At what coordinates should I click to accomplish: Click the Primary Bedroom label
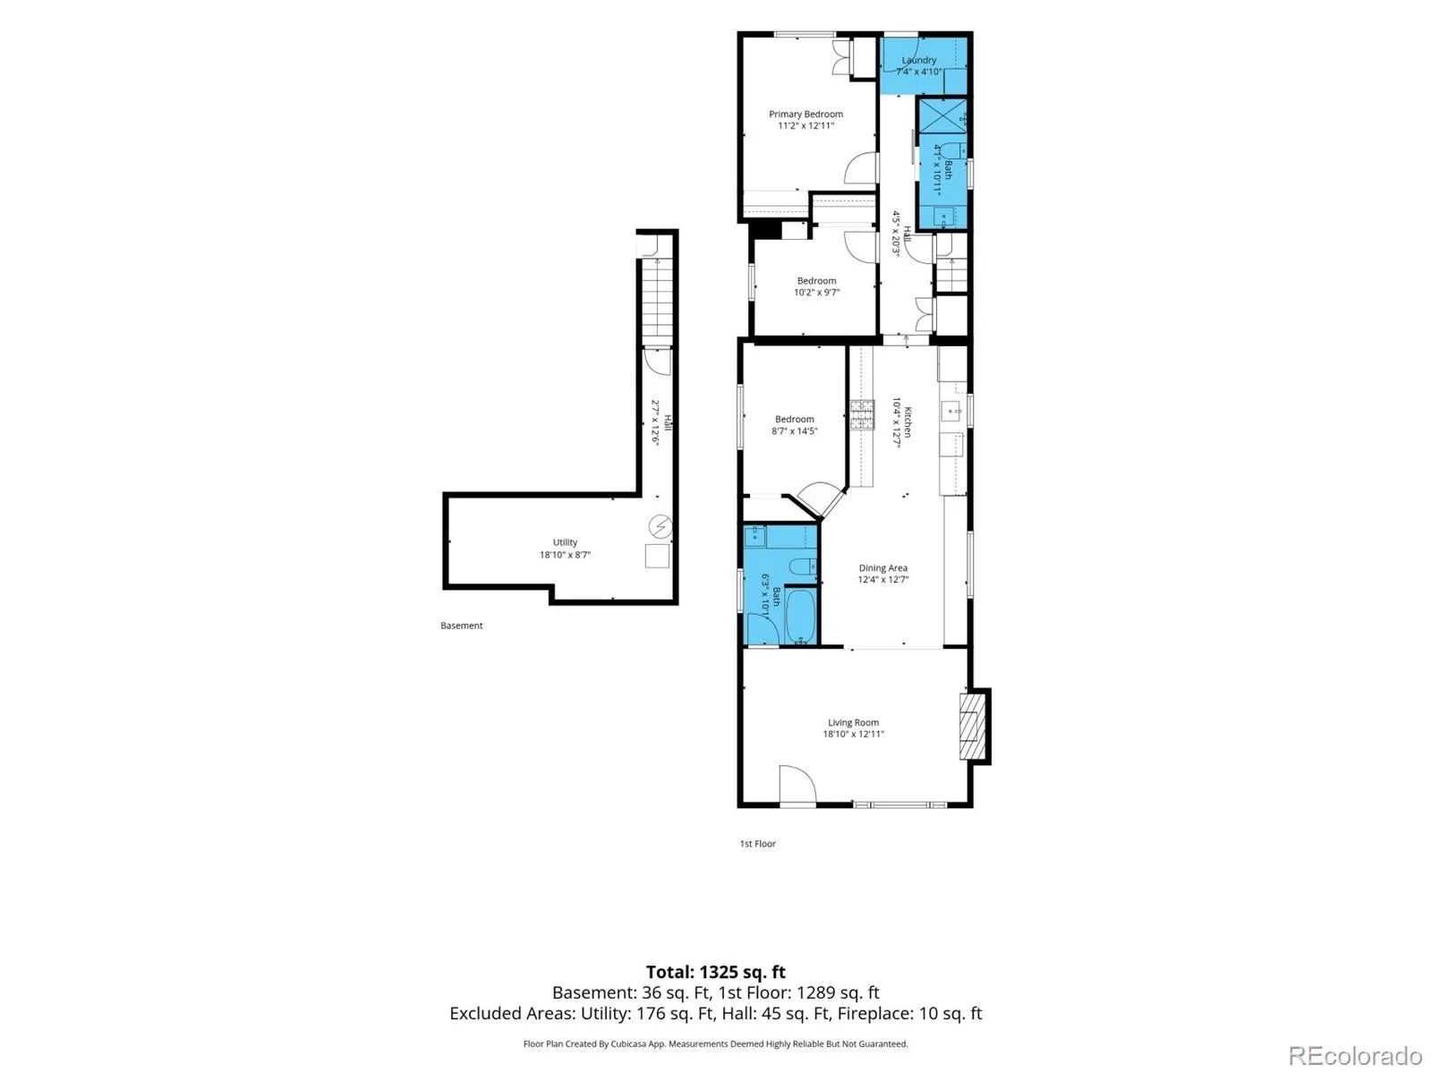(805, 115)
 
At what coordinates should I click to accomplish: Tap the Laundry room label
(918, 60)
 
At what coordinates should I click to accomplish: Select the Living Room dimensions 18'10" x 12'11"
(853, 734)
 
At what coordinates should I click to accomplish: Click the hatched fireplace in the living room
(971, 727)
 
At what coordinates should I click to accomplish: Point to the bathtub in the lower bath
(800, 616)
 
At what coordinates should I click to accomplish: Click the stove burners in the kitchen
(862, 415)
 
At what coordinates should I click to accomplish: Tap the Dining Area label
(882, 568)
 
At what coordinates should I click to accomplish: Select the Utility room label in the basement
(565, 542)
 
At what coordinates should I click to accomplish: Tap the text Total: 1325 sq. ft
(716, 972)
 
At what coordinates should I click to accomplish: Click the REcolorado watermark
(1356, 1055)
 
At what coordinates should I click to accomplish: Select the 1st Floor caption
(757, 843)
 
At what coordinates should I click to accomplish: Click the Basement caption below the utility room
(461, 625)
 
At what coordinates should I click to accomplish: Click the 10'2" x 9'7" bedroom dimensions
(817, 293)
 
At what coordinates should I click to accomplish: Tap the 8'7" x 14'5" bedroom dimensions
(795, 430)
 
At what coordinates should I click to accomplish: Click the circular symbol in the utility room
(661, 525)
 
